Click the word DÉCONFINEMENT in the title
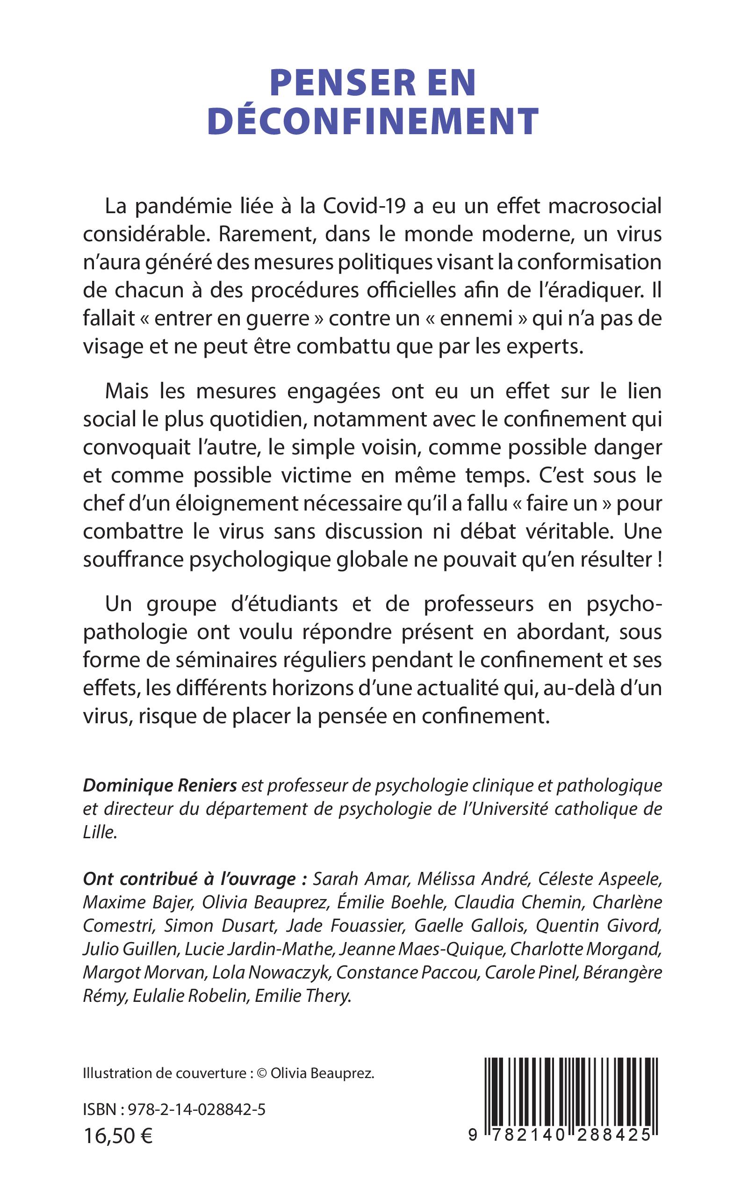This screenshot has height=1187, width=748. [x=373, y=121]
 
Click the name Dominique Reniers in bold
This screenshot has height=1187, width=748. [x=160, y=786]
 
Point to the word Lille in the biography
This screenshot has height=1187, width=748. [x=100, y=833]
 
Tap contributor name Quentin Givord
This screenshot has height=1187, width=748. [x=598, y=926]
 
